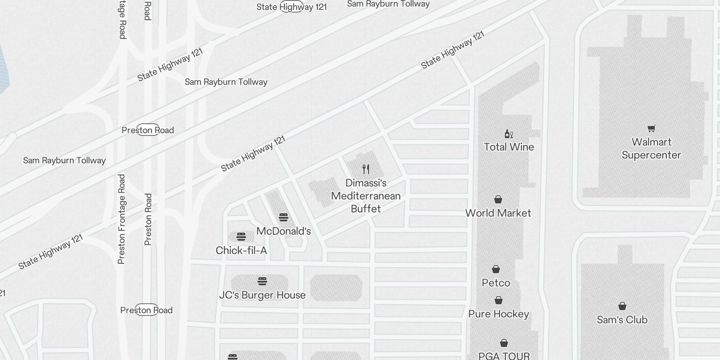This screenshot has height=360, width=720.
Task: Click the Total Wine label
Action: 509,147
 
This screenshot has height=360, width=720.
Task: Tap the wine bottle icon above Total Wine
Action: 508,134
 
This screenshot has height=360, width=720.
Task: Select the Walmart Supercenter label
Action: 651,148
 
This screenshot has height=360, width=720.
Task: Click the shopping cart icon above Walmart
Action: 651,129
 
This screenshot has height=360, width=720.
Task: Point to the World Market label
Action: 498,213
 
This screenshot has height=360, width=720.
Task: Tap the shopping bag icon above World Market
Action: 498,199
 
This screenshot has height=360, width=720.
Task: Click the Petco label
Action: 496,283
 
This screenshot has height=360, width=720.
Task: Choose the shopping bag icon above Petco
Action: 496,269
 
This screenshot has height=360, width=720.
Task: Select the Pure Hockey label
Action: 499,314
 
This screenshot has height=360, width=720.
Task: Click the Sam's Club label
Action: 622,319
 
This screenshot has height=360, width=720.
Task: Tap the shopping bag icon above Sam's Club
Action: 622,306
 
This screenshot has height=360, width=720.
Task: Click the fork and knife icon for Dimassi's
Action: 366,169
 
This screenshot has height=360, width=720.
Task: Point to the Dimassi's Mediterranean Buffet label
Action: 366,196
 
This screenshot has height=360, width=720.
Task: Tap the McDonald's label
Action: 283,231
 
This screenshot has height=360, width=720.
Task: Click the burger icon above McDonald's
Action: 283,217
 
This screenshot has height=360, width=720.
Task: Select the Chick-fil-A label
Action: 241,250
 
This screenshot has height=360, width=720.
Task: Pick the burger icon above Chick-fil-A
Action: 241,237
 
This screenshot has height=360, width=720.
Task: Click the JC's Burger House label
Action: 262,295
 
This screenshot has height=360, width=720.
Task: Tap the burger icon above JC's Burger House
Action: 262,281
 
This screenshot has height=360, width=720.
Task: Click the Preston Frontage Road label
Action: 121,219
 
